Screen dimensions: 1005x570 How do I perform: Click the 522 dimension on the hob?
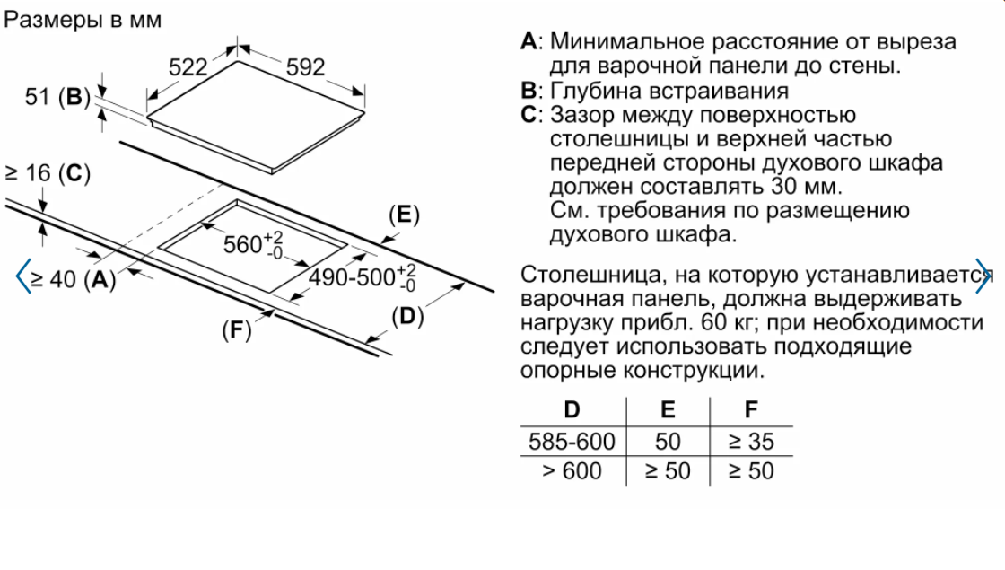pyautogui.click(x=188, y=67)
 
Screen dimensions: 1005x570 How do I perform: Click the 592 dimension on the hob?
pyautogui.click(x=305, y=67)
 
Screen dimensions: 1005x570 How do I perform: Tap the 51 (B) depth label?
pyautogui.click(x=57, y=97)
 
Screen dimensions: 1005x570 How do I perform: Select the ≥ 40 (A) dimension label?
pyautogui.click(x=73, y=279)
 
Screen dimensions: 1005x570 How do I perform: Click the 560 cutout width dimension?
pyautogui.click(x=253, y=244)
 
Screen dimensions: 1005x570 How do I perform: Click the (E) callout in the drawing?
pyautogui.click(x=405, y=215)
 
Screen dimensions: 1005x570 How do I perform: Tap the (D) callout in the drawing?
pyautogui.click(x=407, y=316)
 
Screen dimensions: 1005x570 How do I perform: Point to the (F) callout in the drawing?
pyautogui.click(x=237, y=330)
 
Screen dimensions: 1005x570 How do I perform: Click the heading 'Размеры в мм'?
pyautogui.click(x=83, y=20)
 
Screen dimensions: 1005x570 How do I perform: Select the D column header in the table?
pyautogui.click(x=572, y=409)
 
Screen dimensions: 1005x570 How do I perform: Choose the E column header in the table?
pyautogui.click(x=668, y=409)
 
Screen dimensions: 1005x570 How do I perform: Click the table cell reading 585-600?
pyautogui.click(x=572, y=441)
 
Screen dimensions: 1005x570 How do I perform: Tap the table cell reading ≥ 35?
pyautogui.click(x=751, y=441)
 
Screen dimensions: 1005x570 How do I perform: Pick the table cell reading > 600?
pyautogui.click(x=572, y=470)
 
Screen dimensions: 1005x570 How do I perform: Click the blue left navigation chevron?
pyautogui.click(x=22, y=276)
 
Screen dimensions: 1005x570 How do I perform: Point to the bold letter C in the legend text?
pyautogui.click(x=529, y=115)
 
